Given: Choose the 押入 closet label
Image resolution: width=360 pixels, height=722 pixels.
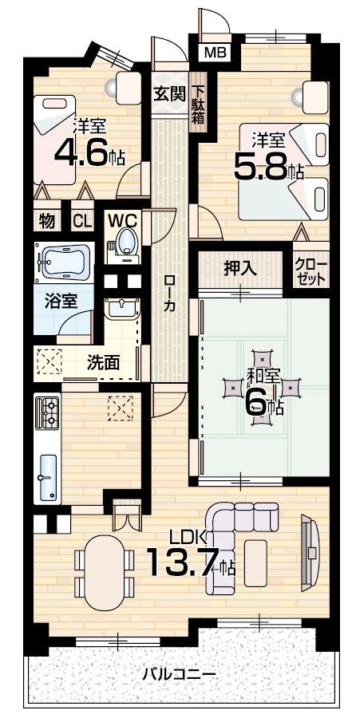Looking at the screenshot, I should coord(239,268).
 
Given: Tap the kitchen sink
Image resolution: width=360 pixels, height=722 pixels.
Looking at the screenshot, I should coord(49,478).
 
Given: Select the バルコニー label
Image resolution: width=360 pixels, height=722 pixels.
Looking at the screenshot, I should coord(179,674).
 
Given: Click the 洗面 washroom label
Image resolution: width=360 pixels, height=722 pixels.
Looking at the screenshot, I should coord(103,362).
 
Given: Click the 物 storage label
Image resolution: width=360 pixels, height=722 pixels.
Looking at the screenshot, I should coord(46,221).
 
